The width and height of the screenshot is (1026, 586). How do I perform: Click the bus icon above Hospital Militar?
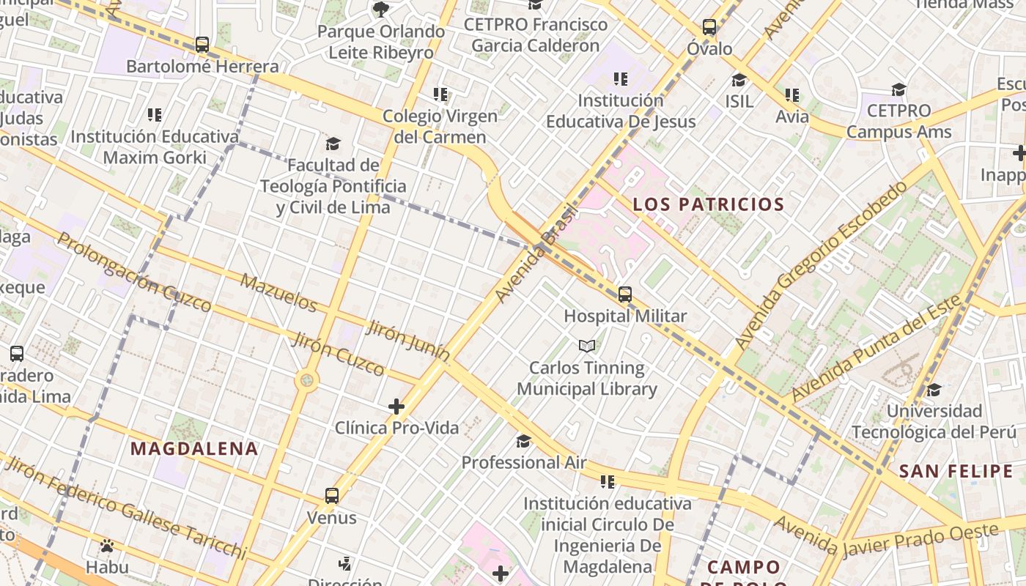point(624,294)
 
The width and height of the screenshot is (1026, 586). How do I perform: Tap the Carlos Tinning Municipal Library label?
point(586,378)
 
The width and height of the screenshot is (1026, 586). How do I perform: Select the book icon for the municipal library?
point(586,346)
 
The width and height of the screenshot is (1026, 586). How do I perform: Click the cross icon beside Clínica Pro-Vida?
point(396,406)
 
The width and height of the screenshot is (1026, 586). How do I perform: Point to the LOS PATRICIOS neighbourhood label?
point(708,204)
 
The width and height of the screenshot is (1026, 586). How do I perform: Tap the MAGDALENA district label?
point(194,449)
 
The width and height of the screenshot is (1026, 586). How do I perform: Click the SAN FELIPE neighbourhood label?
point(956,471)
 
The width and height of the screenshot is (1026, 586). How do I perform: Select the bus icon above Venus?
point(332,496)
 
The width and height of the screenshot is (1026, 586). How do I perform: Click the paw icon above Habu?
point(107,546)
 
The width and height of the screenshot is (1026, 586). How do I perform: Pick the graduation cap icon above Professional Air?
point(523,441)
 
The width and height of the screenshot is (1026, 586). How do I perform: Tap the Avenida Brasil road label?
point(537,253)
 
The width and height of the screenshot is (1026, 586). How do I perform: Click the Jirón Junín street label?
point(408,340)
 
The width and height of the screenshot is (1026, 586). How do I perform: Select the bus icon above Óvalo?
point(709,27)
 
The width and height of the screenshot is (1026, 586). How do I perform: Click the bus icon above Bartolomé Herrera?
point(202,45)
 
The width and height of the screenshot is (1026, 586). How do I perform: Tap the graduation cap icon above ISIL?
point(739,80)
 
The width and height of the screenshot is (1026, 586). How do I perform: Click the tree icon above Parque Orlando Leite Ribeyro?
point(380,10)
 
